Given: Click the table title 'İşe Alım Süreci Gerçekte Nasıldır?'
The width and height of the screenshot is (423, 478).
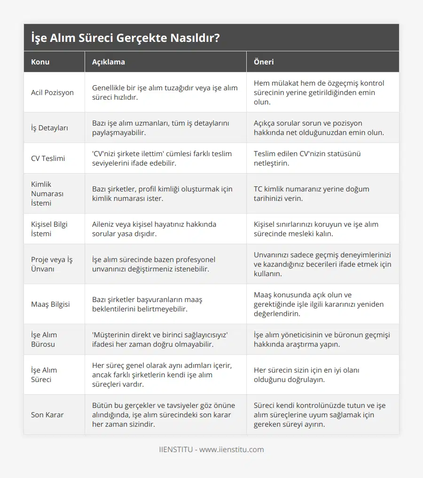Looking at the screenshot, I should (125, 38).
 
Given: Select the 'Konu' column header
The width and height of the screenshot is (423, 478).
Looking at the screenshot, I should (40, 62).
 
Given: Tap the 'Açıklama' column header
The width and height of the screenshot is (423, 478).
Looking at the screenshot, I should (108, 62).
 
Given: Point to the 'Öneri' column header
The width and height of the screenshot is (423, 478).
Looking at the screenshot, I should (264, 62).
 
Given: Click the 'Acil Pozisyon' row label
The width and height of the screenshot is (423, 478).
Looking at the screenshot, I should (52, 92).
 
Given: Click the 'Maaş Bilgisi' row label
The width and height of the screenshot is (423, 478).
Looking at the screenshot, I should (50, 304).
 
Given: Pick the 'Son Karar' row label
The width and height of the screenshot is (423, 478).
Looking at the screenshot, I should (47, 414).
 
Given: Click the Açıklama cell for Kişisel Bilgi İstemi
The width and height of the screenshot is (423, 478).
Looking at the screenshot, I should (154, 229).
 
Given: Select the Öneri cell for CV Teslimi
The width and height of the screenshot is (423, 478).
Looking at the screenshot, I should (307, 158).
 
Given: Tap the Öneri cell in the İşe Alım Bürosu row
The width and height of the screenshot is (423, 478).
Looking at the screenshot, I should (321, 339).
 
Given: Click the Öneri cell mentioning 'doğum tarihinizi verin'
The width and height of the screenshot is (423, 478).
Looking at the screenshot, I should (311, 193).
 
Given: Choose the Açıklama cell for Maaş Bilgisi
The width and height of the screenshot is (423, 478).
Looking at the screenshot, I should (153, 304).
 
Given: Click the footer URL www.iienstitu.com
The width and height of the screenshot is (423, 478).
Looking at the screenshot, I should (232, 449).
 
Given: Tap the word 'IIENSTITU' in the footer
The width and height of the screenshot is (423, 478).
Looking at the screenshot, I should (176, 449).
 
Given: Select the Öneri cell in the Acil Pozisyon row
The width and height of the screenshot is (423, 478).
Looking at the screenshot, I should (319, 92).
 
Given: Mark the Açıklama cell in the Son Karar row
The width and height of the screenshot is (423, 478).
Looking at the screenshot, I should (163, 414).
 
